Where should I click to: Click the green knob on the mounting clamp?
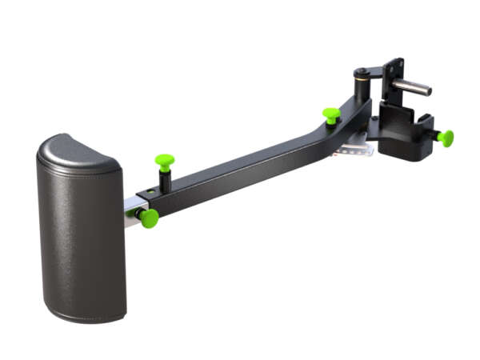[x=446, y=138]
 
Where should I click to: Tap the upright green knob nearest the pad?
[x=165, y=162]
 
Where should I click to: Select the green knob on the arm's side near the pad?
[x=149, y=218]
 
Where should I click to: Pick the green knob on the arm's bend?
[x=331, y=115]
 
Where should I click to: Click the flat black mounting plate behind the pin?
[x=395, y=76]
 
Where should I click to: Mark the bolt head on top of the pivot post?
[x=362, y=70]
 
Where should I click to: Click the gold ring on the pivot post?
[x=362, y=78]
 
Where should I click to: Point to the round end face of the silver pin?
[x=429, y=91]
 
